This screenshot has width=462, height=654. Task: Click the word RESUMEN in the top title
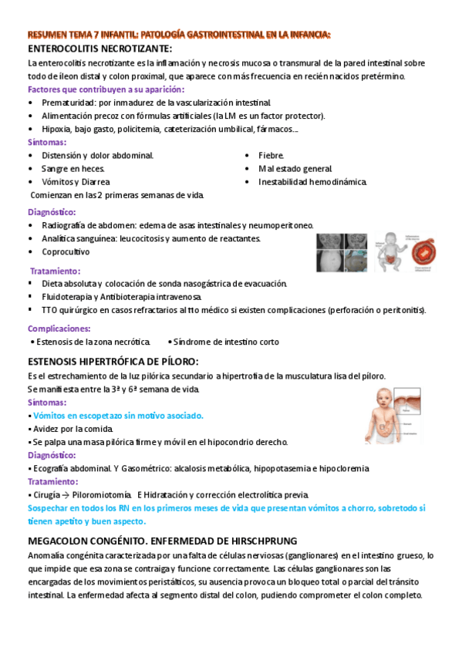click(48, 35)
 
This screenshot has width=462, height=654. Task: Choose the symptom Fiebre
click(271, 155)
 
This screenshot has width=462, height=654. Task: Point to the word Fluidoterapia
click(72, 296)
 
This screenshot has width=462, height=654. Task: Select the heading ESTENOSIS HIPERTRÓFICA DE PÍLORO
click(113, 361)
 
